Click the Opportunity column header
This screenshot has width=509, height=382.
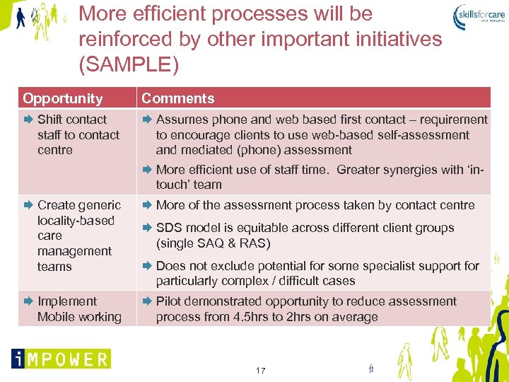click(62, 98)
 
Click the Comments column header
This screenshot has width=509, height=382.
click(177, 98)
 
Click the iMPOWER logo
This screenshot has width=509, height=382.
click(61, 359)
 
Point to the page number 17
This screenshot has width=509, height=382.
click(260, 371)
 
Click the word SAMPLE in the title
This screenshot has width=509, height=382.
click(129, 64)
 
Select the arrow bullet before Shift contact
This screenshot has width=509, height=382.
click(28, 120)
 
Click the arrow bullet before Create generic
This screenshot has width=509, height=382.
click(28, 205)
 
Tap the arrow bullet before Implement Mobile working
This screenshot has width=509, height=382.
click(28, 301)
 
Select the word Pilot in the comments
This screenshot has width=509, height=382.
click(170, 301)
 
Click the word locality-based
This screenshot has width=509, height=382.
click(76, 221)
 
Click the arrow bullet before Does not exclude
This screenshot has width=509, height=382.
click(147, 266)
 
